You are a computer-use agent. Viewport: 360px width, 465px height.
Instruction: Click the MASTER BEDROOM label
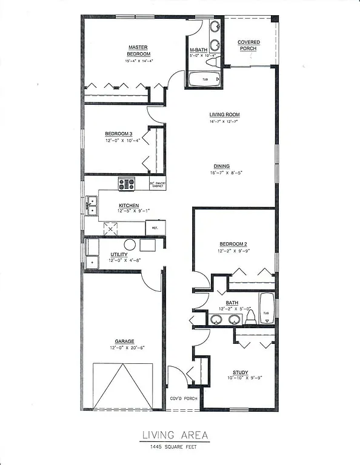(x=138, y=50)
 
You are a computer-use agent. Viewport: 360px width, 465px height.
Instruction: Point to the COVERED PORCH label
(x=248, y=45)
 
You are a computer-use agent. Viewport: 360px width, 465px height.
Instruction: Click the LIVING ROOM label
(x=224, y=114)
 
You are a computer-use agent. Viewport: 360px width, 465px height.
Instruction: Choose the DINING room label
(x=221, y=167)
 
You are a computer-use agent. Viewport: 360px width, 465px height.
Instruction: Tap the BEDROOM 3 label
(x=117, y=134)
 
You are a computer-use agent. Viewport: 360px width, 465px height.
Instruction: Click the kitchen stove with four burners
(x=127, y=184)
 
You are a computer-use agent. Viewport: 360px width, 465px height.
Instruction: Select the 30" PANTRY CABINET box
(x=158, y=185)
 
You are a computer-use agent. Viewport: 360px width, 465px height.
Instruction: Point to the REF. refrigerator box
(x=155, y=228)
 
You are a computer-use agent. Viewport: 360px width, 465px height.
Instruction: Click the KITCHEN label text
(x=128, y=206)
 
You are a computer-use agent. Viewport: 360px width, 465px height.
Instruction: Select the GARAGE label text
(x=122, y=341)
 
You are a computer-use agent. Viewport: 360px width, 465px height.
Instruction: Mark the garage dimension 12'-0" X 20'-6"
(x=122, y=348)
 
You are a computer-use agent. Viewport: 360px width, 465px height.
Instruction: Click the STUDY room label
(x=240, y=372)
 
